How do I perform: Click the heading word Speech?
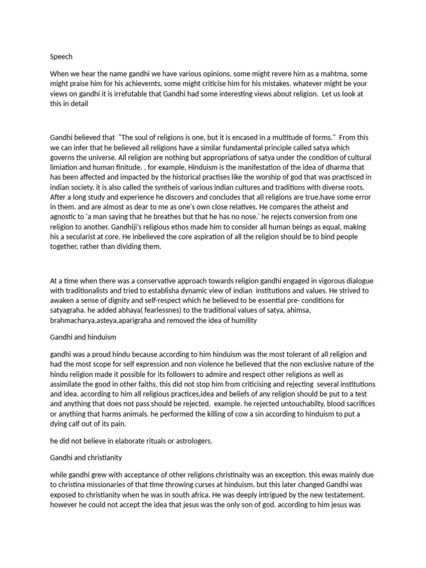(61, 57)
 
